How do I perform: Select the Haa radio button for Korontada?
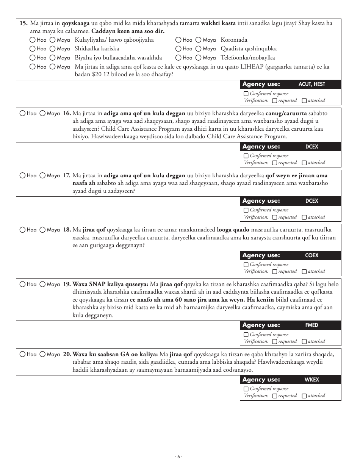(178, 40)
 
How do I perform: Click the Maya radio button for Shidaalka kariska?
(52, 48)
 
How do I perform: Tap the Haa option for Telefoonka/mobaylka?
(178, 58)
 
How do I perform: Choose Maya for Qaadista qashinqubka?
(198, 48)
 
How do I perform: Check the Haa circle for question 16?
(22, 113)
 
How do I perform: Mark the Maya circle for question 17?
(42, 175)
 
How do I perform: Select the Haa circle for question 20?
(22, 354)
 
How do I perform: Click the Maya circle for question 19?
(42, 284)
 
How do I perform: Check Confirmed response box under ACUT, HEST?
(246, 94)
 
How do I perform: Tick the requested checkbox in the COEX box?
(275, 272)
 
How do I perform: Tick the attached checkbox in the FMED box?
(304, 342)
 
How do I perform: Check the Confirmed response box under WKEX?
(246, 389)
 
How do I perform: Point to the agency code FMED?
(311, 325)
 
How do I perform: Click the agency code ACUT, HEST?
(311, 84)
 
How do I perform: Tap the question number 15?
(23, 23)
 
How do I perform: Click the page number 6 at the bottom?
(179, 457)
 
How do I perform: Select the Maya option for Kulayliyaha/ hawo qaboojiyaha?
(52, 40)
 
